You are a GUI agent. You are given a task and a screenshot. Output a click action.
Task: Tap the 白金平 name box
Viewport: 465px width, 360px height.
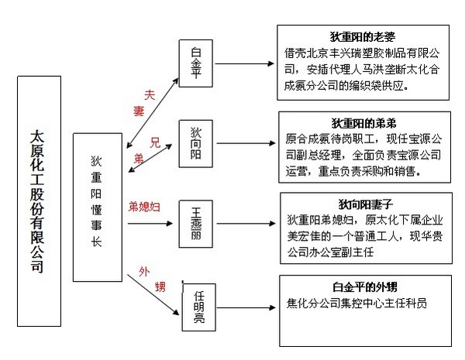195,63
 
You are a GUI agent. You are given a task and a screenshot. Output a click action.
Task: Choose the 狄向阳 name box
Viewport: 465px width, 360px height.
195,142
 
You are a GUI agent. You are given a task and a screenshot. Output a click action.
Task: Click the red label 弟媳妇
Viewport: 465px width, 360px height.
145,206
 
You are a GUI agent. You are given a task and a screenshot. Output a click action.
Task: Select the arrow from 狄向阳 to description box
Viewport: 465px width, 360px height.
248,144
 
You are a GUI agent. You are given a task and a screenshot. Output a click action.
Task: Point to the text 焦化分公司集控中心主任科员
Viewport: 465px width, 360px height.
356,303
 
